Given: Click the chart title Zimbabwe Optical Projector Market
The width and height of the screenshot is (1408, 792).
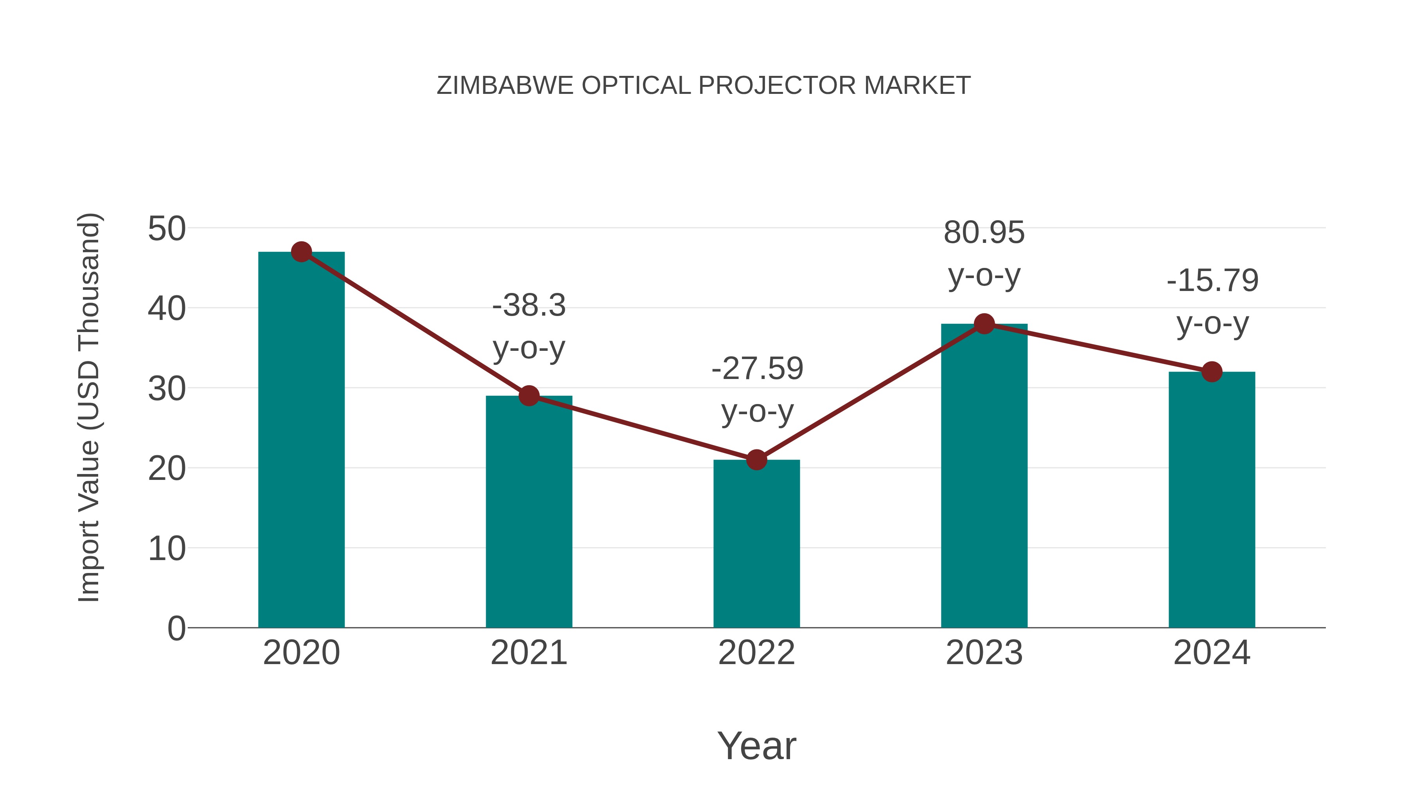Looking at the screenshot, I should (704, 86).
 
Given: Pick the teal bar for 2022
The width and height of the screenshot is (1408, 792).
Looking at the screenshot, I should (756, 544).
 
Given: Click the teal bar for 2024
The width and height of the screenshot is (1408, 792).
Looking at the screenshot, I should (1212, 500).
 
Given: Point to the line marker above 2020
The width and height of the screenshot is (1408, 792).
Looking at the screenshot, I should (301, 252).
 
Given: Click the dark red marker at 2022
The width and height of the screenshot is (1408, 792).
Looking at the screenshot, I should (756, 460).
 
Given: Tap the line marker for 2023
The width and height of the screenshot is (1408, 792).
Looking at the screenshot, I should (984, 324).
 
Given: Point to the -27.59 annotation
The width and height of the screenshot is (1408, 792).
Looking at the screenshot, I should (757, 369).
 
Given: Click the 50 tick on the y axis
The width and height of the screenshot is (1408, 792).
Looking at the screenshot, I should (167, 228).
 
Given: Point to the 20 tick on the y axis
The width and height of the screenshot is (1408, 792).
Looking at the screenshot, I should (167, 469).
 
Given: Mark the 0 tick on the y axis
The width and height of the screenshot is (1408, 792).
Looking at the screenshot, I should (176, 629).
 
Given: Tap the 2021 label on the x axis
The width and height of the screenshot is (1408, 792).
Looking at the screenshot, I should (528, 653).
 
